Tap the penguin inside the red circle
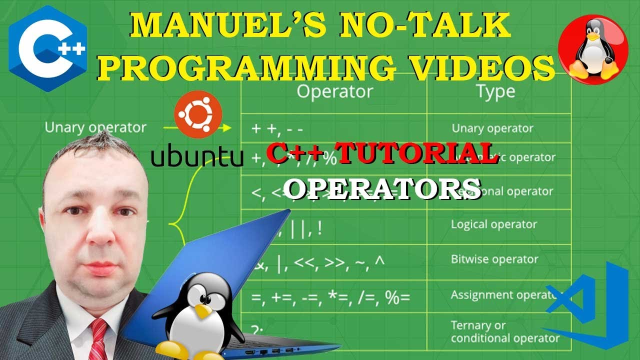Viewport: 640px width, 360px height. pos(593,50)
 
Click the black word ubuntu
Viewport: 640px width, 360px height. pos(197,157)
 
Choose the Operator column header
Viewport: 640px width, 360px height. pos(334,91)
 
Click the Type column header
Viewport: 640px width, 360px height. pos(495,92)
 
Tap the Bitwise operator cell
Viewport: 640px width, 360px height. pos(494,259)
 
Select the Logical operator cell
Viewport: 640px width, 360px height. pos(493,224)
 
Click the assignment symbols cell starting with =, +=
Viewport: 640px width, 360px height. pos(330,297)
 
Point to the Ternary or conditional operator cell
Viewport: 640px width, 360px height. pos(504,332)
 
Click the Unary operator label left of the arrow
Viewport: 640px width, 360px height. pos(95,127)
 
